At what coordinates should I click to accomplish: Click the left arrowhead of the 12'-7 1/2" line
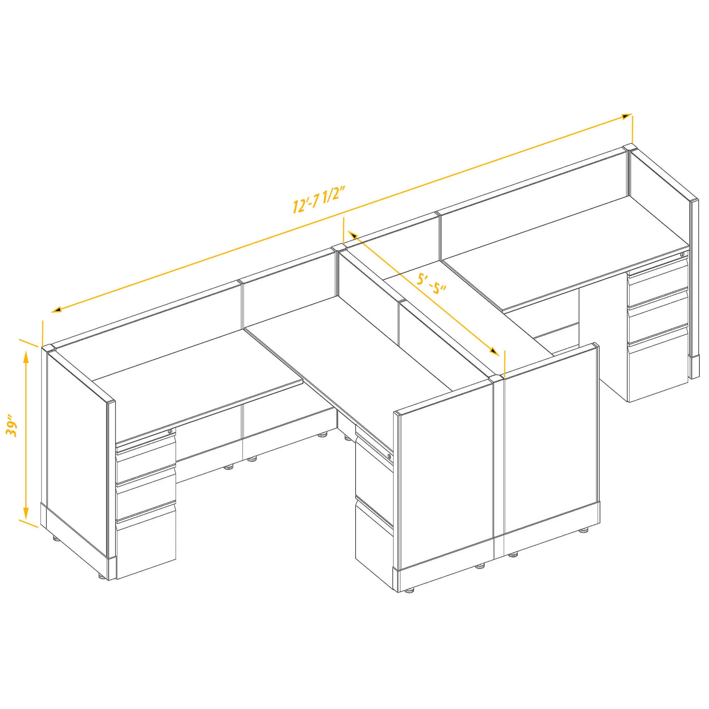[56, 310]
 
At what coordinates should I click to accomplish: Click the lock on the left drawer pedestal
[169, 431]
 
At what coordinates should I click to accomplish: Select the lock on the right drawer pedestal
[682, 254]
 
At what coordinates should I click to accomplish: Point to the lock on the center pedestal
[389, 456]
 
